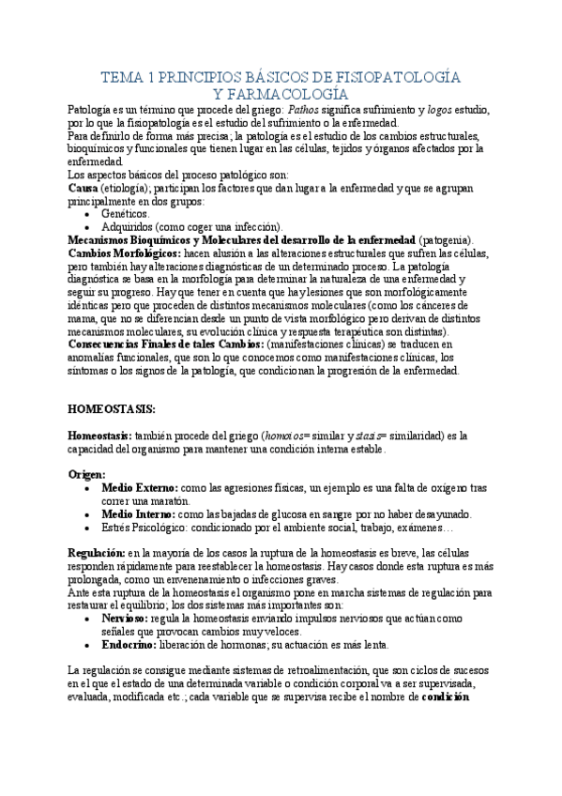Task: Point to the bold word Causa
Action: [84, 188]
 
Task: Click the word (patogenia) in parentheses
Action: [446, 240]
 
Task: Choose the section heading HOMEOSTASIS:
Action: [114, 409]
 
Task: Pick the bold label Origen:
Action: [87, 475]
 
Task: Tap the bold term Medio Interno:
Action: [138, 514]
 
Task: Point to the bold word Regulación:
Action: [98, 554]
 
